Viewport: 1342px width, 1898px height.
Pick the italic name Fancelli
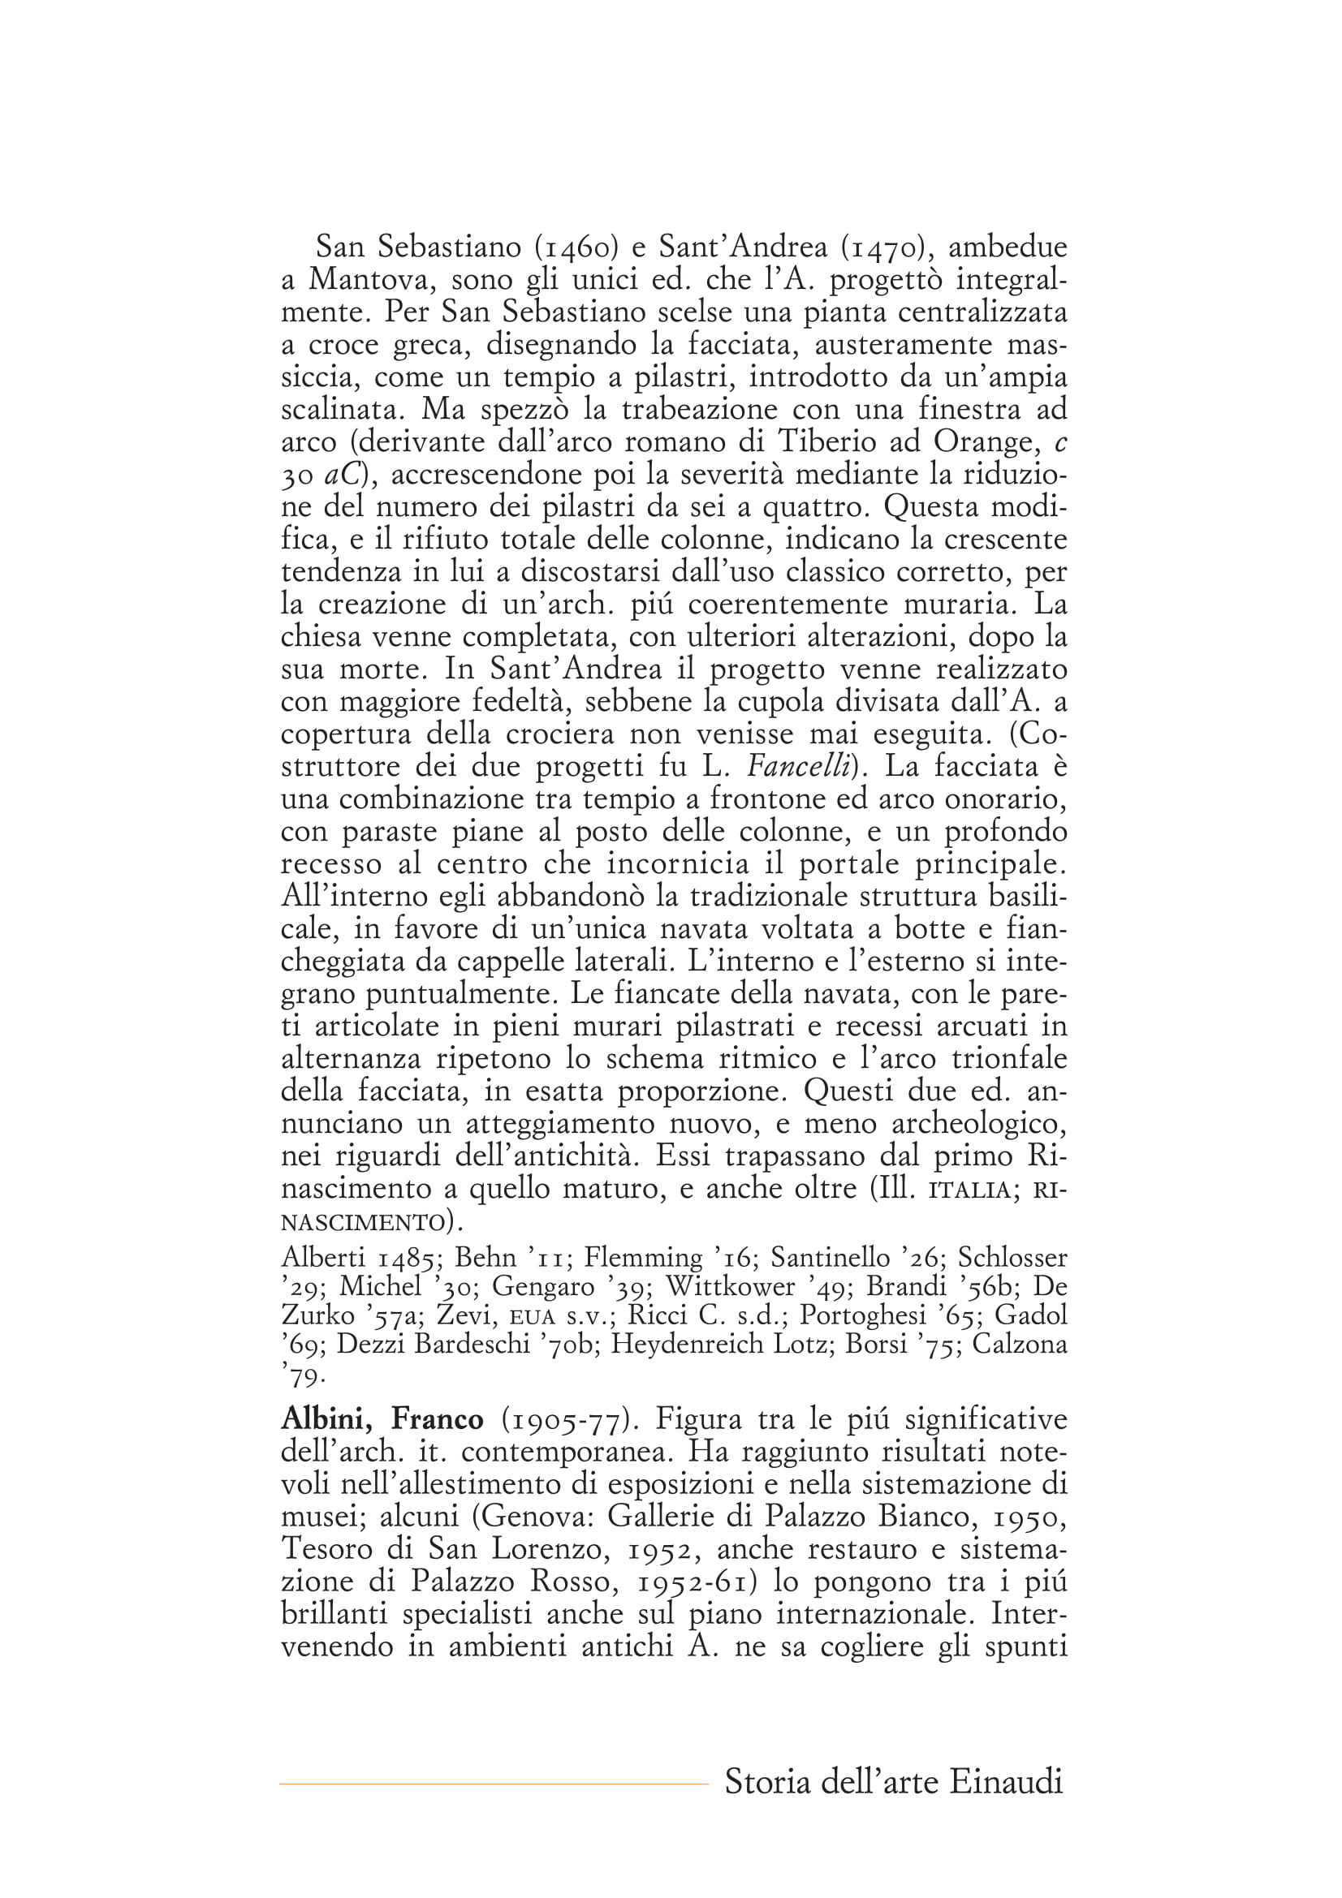pyautogui.click(x=799, y=767)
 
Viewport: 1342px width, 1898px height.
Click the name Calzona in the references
pyautogui.click(x=1019, y=1343)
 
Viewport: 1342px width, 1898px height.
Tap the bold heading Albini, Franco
pyautogui.click(x=382, y=1419)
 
